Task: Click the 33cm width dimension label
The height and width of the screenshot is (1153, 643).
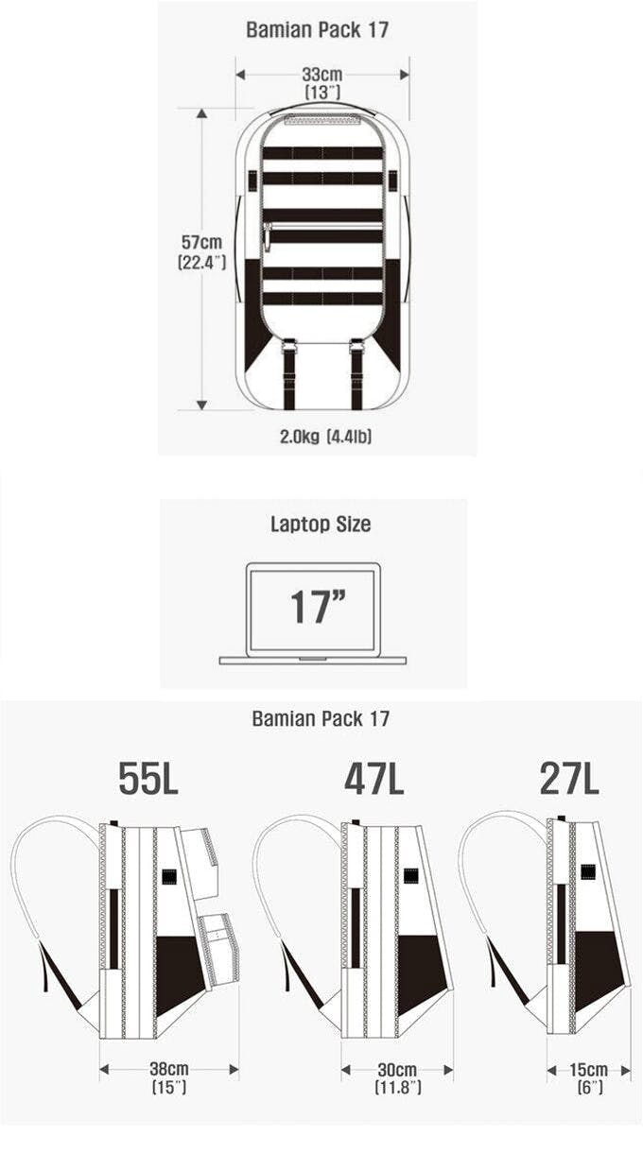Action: coord(321,75)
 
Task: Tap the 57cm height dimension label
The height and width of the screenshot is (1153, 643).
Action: coord(201,242)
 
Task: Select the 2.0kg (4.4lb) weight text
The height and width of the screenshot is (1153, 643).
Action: coord(325,437)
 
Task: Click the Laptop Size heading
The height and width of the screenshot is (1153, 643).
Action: coord(321,524)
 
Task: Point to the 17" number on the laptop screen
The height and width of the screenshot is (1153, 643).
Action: coord(318,607)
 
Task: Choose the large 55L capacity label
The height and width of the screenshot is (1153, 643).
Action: coord(148,779)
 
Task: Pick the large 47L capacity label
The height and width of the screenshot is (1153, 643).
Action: coord(374,779)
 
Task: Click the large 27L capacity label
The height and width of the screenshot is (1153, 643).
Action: coord(569,779)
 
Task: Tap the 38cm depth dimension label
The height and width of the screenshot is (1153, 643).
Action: coord(169,1069)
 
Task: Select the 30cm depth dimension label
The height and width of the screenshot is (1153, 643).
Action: coord(397,1070)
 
